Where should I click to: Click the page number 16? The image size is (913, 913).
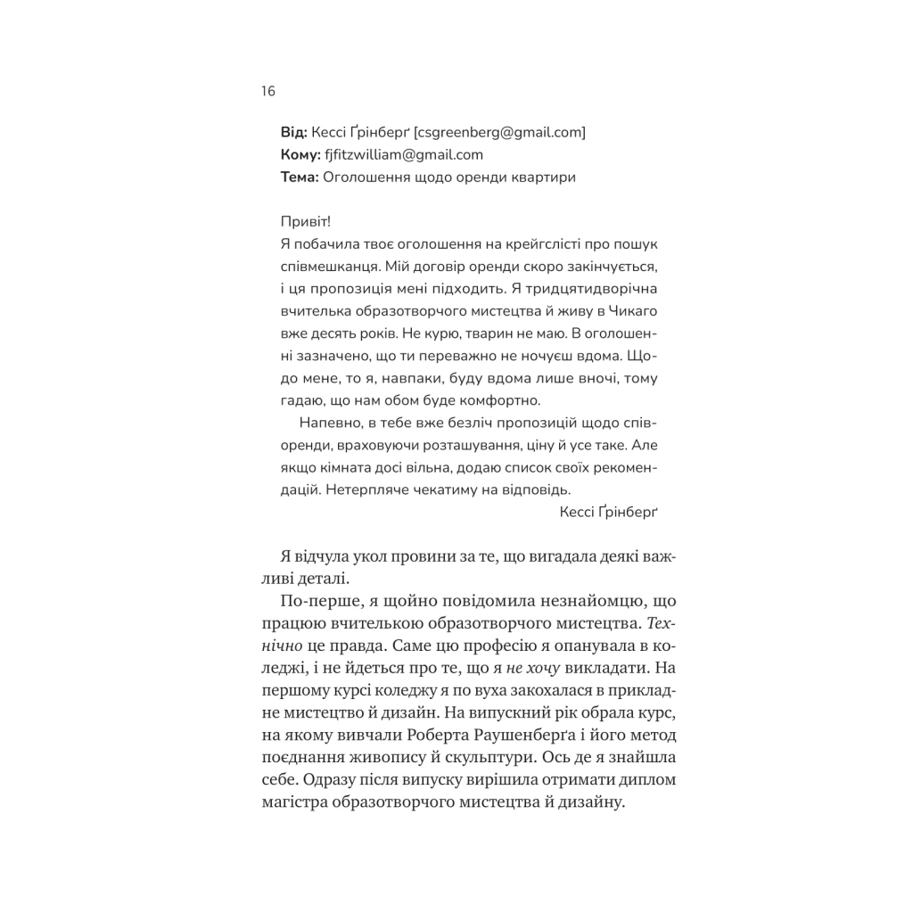coord(268,92)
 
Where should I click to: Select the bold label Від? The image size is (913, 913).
coord(294,132)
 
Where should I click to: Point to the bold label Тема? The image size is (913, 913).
coord(299,177)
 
